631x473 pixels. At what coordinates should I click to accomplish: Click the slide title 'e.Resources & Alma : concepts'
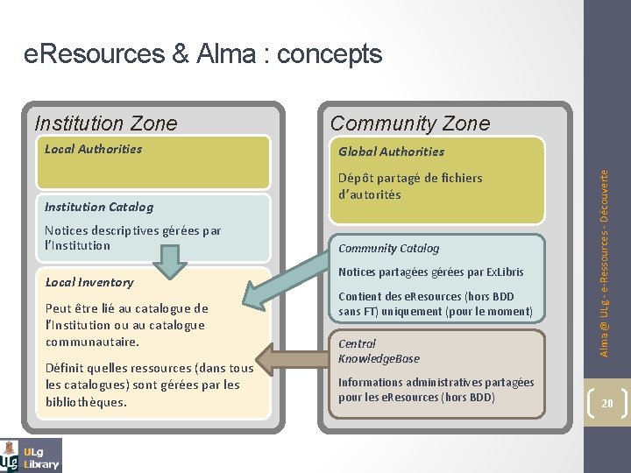click(x=202, y=54)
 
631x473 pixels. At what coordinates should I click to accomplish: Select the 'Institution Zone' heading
click(x=105, y=124)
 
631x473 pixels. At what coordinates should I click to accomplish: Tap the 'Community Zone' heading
click(x=410, y=124)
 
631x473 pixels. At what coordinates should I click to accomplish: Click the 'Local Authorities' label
click(x=93, y=149)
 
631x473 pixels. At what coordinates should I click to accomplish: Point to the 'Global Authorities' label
click(x=391, y=152)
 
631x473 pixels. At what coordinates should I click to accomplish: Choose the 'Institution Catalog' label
click(x=98, y=208)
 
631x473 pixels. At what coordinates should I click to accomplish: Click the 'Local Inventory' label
click(x=89, y=282)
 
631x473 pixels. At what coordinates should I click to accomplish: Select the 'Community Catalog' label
click(x=388, y=249)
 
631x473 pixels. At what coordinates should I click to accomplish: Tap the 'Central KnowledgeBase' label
click(x=379, y=351)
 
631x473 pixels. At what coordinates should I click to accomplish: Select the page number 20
click(x=607, y=404)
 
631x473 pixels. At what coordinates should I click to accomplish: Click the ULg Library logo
click(x=32, y=455)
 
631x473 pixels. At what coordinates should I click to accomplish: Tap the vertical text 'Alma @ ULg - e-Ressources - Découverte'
click(x=605, y=263)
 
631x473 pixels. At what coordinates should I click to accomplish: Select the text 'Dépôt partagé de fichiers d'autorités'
click(x=410, y=186)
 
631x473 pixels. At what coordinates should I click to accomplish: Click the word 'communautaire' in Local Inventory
click(x=92, y=342)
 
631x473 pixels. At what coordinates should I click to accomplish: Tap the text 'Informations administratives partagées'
click(x=436, y=382)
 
